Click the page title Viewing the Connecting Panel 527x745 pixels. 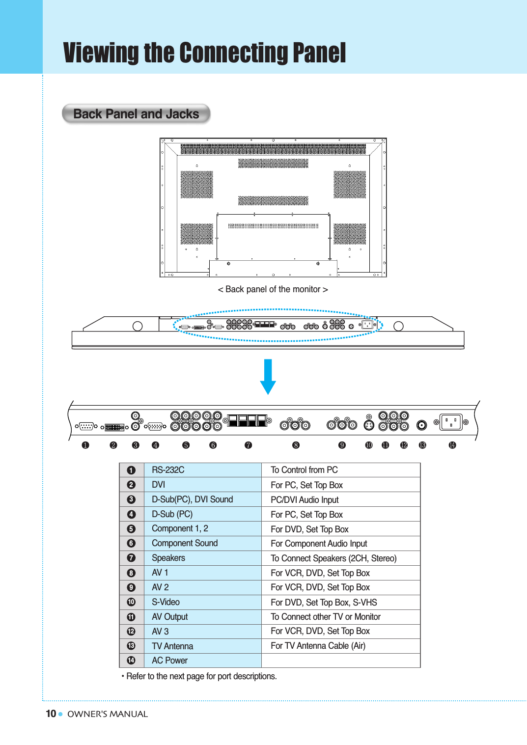click(x=204, y=53)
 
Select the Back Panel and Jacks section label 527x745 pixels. click(x=136, y=114)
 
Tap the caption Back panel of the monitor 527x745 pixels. click(x=273, y=289)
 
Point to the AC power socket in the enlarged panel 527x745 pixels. click(x=450, y=422)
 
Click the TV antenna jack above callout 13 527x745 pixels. click(x=421, y=425)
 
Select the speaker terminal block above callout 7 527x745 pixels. click(x=248, y=420)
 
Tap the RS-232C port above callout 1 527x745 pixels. click(x=86, y=426)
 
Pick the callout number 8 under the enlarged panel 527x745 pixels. click(x=296, y=445)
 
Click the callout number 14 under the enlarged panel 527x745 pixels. click(x=452, y=445)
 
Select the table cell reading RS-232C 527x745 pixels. click(x=168, y=470)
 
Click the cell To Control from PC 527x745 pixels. click(x=304, y=470)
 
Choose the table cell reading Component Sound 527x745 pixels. click(x=185, y=543)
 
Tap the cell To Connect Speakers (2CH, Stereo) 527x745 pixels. click(x=333, y=558)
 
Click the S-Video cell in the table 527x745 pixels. click(x=166, y=602)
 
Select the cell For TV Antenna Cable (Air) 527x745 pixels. click(x=318, y=646)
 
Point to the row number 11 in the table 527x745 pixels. click(x=131, y=617)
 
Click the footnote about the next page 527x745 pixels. click(x=199, y=676)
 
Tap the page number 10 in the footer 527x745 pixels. click(x=51, y=714)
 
